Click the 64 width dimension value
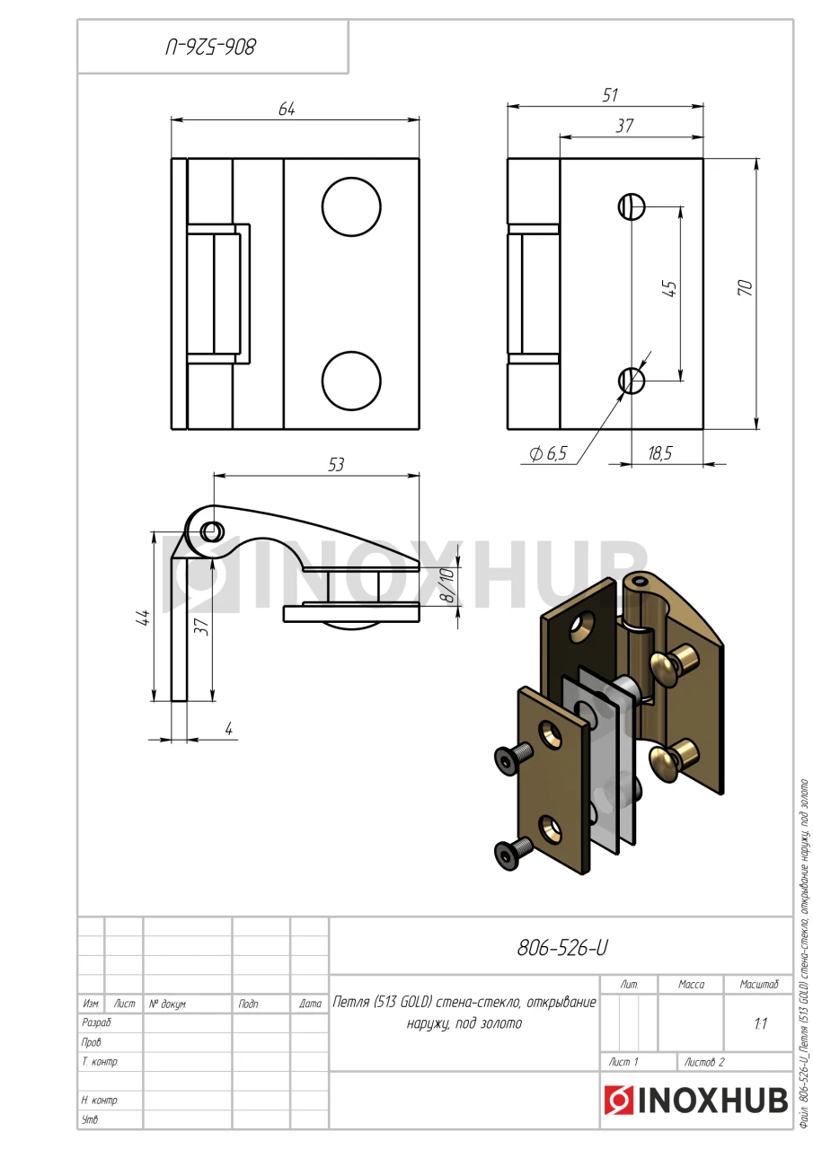pos(287,109)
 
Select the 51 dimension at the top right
pos(610,95)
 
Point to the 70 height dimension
pos(745,287)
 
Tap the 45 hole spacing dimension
pos(669,288)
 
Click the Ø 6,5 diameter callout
pos(548,453)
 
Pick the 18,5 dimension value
pos(659,453)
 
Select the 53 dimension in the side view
pos(336,464)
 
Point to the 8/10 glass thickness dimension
pos(447,584)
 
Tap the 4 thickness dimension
pos(229,728)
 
